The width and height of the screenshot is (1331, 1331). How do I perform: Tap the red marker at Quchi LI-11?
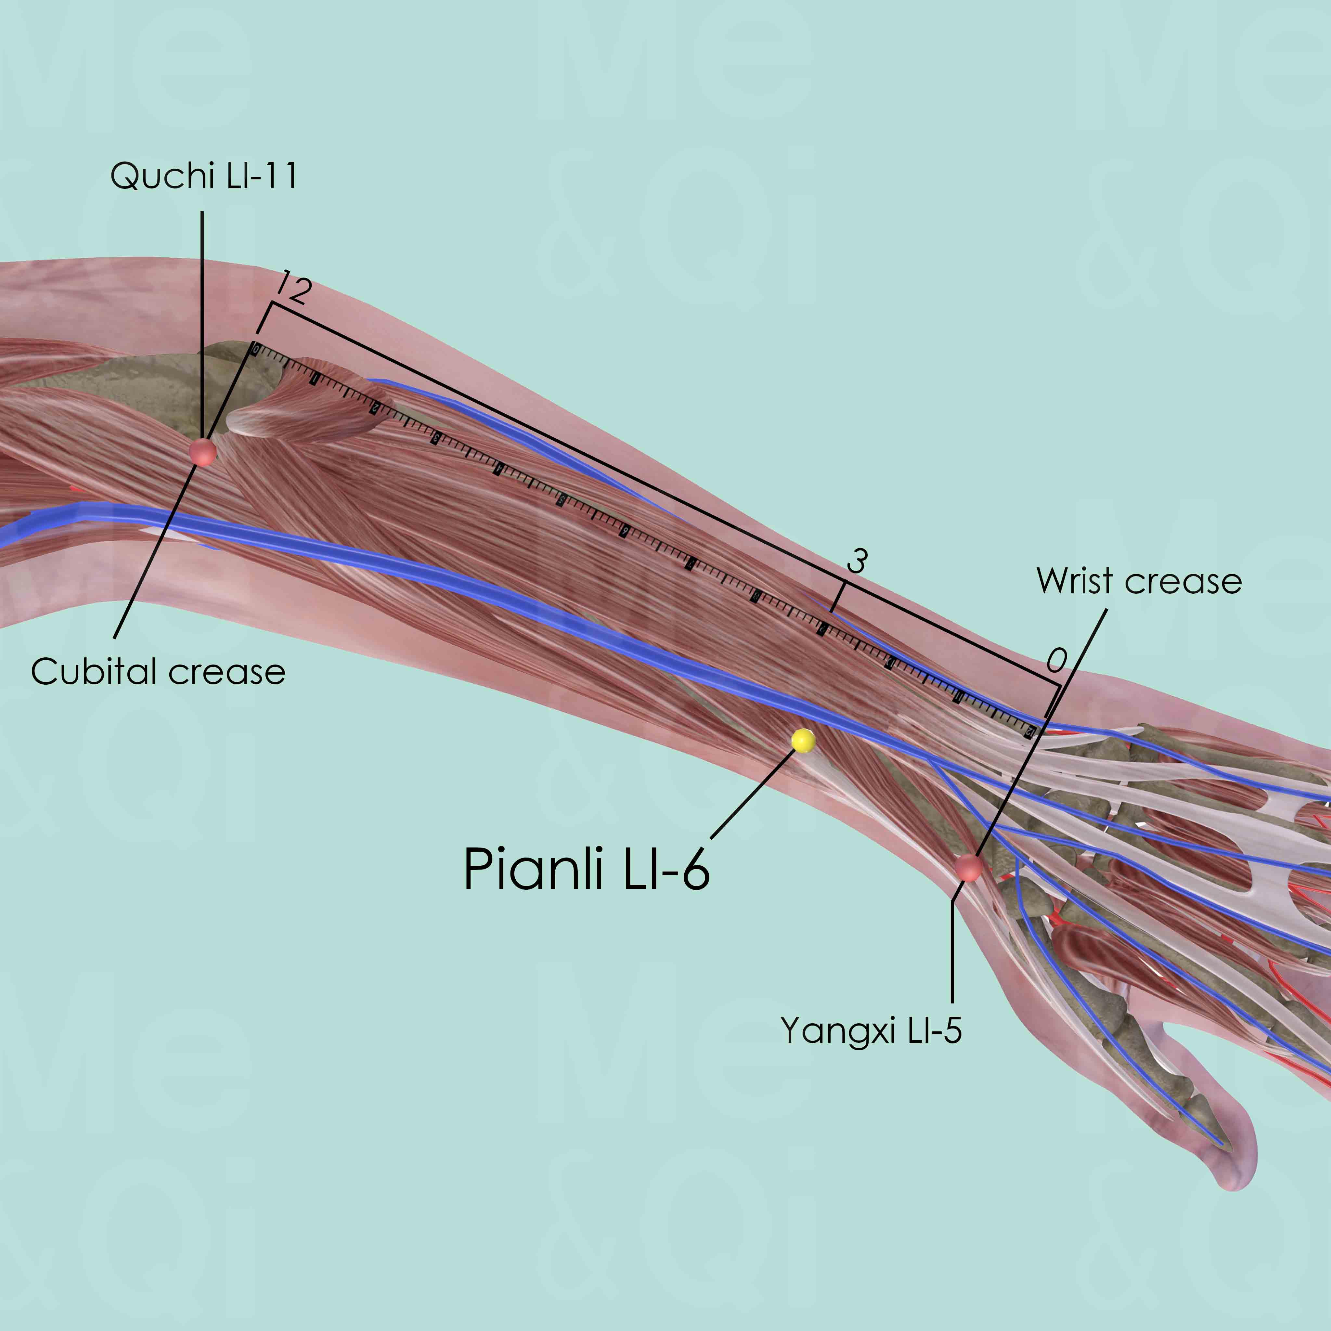pyautogui.click(x=202, y=453)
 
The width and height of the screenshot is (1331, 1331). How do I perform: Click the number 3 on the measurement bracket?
pyautogui.click(x=856, y=562)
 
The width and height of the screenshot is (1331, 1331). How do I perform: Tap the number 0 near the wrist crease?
pyautogui.click(x=1056, y=661)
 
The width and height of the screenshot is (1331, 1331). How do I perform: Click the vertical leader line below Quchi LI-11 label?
pyautogui.click(x=202, y=324)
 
